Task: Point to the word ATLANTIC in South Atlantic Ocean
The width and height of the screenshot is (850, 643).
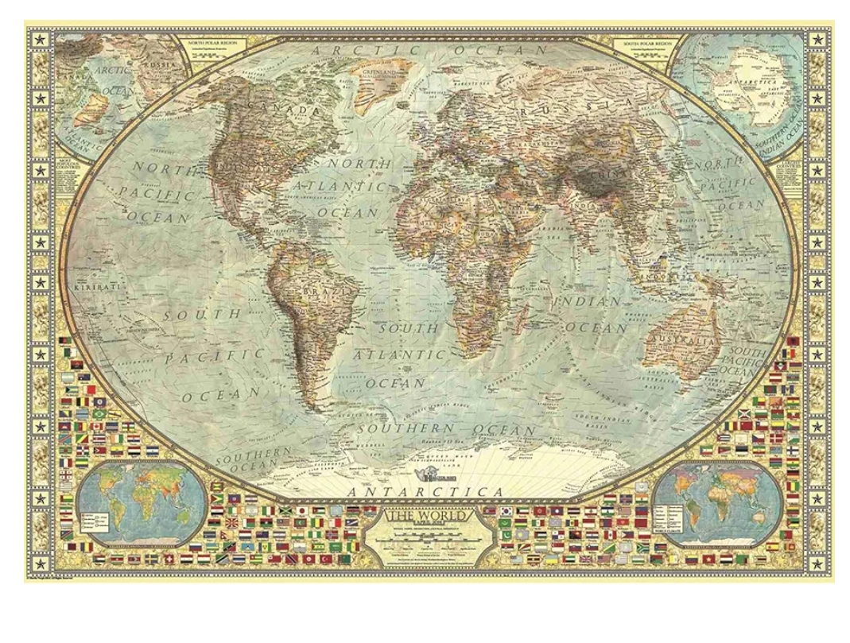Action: click(x=399, y=354)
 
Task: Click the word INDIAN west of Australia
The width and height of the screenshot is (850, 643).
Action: click(x=590, y=302)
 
